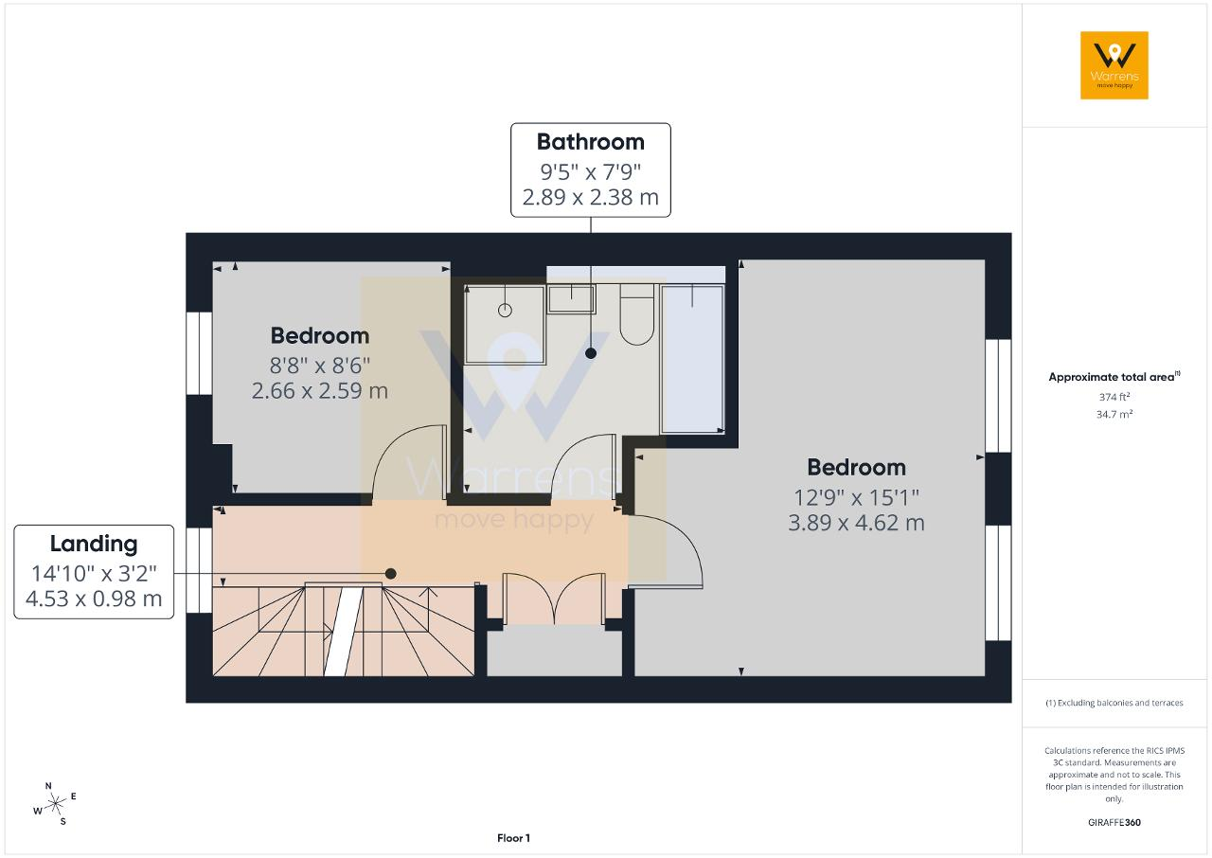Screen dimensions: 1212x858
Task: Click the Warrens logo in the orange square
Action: coord(1114,65)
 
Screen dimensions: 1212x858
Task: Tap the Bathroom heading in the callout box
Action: coord(590,142)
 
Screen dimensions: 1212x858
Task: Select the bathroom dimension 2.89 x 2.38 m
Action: coord(590,198)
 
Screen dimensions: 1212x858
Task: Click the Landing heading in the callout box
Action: coord(94,545)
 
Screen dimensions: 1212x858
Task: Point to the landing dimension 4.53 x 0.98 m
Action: coord(94,599)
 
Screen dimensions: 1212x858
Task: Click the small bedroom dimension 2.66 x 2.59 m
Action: coord(320,391)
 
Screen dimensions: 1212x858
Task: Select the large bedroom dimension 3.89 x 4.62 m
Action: coord(856,523)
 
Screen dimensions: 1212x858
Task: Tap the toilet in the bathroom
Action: coord(637,314)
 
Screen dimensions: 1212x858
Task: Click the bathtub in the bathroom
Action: coord(692,359)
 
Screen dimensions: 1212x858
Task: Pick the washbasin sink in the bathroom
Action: coord(571,299)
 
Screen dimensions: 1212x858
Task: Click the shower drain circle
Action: coord(505,311)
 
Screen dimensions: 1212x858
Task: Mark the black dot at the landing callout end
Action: coord(391,574)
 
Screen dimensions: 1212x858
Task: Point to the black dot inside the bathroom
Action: coord(591,353)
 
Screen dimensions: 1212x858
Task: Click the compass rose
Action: coord(55,804)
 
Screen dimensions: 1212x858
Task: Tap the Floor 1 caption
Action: coord(513,838)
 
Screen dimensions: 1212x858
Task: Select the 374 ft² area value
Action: coord(1114,397)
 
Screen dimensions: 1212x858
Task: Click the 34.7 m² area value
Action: coord(1114,415)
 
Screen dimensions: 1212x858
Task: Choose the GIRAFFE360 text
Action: coord(1114,822)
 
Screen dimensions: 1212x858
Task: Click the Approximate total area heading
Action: coord(1114,377)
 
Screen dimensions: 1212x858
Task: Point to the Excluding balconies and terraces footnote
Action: coord(1114,703)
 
